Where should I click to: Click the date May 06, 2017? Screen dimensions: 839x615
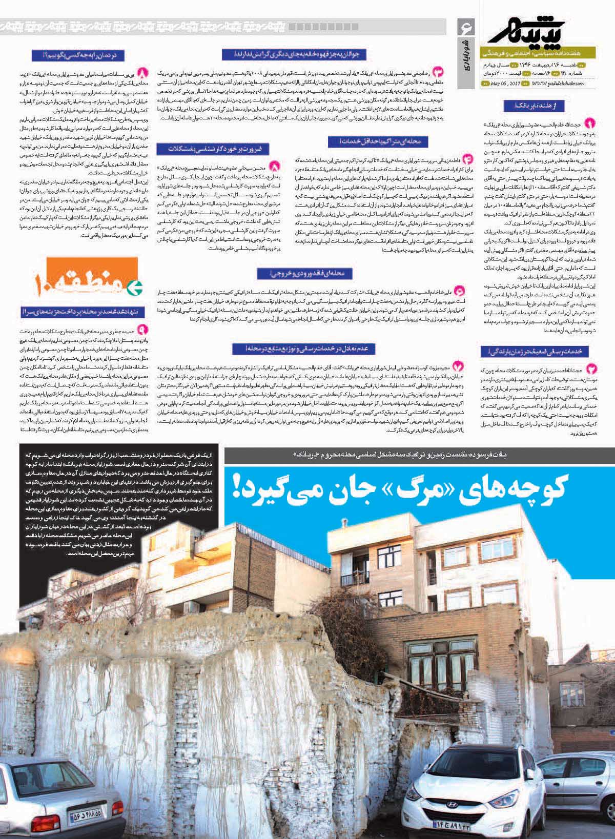click(505, 84)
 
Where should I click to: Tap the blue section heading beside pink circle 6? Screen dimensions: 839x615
click(305, 274)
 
